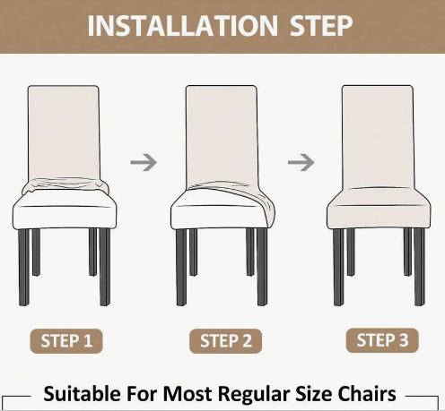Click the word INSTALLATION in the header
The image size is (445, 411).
(183, 26)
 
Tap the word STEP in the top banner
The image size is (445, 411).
(321, 26)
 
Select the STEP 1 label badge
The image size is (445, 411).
(66, 341)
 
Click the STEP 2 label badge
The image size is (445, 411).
(226, 341)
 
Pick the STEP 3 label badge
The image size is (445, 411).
(382, 340)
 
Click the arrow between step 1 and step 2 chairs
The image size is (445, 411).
(144, 162)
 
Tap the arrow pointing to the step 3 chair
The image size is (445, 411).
(301, 162)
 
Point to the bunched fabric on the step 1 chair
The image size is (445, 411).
(65, 185)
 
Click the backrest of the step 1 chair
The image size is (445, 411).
(64, 133)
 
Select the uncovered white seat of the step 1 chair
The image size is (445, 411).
(65, 210)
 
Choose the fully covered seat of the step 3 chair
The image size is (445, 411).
(379, 209)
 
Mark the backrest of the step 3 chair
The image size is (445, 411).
(378, 137)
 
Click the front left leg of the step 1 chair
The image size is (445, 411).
(24, 267)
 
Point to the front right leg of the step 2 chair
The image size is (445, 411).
(262, 267)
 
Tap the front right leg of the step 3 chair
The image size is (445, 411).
(419, 267)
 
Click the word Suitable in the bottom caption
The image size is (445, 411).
(83, 394)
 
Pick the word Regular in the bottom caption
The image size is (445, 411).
(254, 395)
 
